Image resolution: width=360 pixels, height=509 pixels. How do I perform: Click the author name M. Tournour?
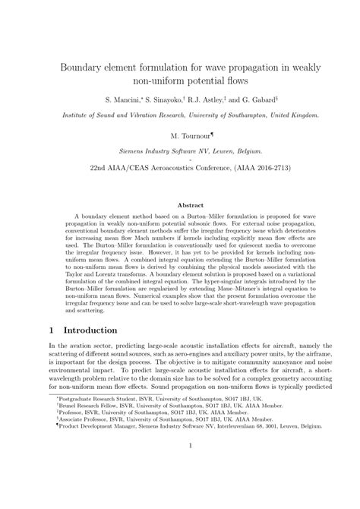coord(180,134)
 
